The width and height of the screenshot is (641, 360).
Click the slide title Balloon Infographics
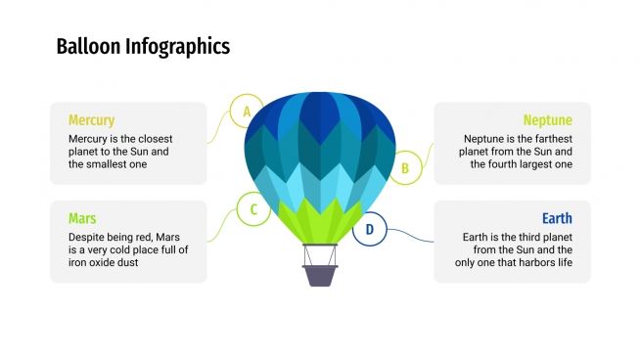[143, 46]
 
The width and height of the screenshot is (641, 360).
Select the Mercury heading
[91, 120]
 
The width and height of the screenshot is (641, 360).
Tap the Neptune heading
[547, 120]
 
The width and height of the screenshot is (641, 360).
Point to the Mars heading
[82, 218]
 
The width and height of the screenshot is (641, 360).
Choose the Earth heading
[557, 218]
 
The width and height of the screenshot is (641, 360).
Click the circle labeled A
[247, 112]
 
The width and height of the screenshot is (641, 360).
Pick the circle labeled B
[404, 167]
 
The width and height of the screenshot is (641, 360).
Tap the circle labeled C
[253, 208]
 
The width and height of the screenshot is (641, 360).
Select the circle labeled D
[370, 230]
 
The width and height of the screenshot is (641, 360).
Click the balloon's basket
[320, 274]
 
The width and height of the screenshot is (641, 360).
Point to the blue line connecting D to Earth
[411, 238]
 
